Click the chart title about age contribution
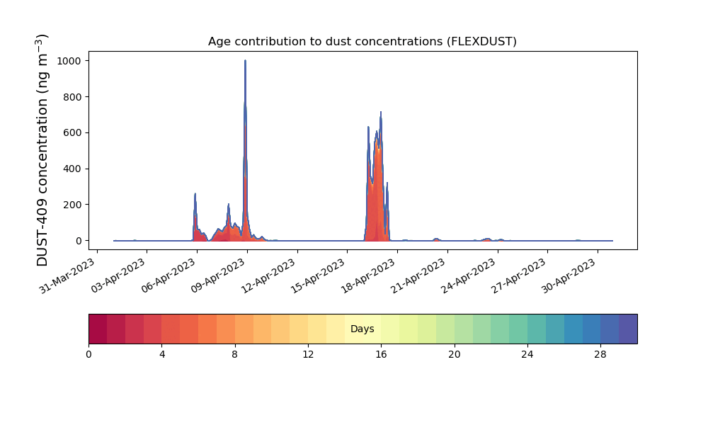pos(362,42)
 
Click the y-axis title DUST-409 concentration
pos(42,150)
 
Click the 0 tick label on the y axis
pos(79,241)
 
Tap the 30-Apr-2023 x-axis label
pos(569,276)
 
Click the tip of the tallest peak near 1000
pos(245,60)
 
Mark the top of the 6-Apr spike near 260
pos(195,194)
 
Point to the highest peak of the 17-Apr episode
pos(381,112)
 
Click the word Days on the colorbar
pos(362,329)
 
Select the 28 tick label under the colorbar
pos(600,355)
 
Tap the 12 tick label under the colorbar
pos(308,355)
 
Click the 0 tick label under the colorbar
pos(89,355)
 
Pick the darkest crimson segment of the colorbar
pos(98,329)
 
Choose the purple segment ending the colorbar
pos(628,329)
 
